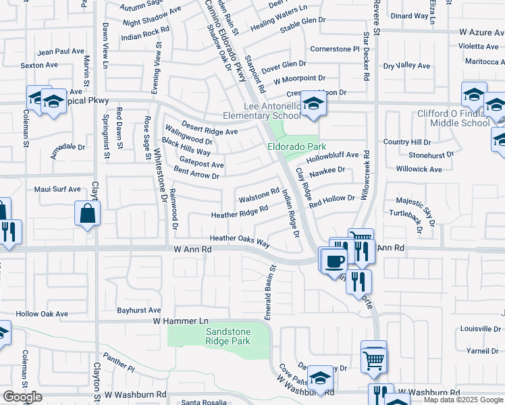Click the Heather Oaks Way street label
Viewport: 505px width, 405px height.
pos(240,239)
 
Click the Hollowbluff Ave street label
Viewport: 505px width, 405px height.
pos(332,155)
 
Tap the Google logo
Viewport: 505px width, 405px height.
pos(22,396)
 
